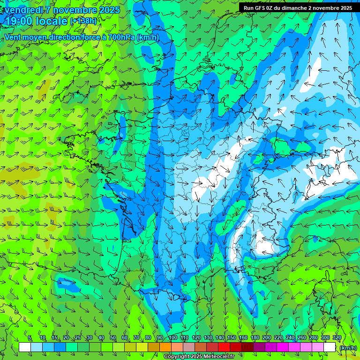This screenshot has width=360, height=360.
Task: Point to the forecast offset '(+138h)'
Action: pyautogui.click(x=83, y=21)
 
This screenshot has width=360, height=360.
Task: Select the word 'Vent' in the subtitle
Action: pyautogui.click(x=13, y=37)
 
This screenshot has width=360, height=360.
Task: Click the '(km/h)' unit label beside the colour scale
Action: pyautogui.click(x=348, y=347)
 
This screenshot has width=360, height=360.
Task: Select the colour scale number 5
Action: pyautogui.click(x=30, y=337)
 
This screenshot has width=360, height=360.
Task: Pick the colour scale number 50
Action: pyautogui.click(x=113, y=337)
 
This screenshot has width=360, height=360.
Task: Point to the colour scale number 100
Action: pyautogui.click(x=172, y=337)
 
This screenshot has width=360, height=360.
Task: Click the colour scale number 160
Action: pyautogui.click(x=243, y=337)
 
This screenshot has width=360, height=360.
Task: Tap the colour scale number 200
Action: pyautogui.click(x=267, y=337)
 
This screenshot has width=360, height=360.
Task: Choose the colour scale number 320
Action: pyautogui.click(x=337, y=337)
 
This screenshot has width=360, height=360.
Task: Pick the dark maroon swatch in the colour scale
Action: pyautogui.click(x=247, y=347)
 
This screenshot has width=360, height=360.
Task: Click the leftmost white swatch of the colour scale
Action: pyautogui.click(x=25, y=347)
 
